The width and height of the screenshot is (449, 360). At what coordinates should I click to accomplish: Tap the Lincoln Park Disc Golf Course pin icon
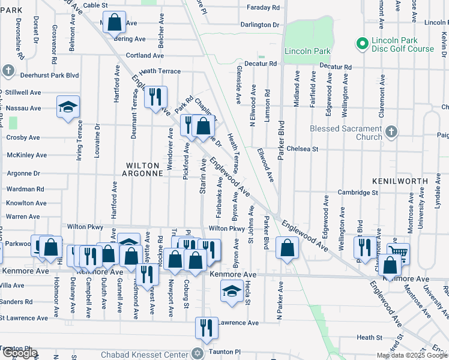[x=362, y=43]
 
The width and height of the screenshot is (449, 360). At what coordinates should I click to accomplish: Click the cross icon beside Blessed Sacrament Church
[x=391, y=131]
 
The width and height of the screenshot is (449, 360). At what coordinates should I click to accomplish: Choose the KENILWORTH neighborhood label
[x=408, y=181]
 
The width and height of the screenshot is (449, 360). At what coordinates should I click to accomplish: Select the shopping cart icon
[x=397, y=252]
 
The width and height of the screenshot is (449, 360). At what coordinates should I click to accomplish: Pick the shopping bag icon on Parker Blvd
[x=288, y=246]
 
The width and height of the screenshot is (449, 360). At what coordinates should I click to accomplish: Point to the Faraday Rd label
[x=264, y=8]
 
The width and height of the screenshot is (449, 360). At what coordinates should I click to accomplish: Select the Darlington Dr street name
[x=260, y=25]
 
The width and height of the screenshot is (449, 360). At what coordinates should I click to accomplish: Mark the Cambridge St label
[x=358, y=193]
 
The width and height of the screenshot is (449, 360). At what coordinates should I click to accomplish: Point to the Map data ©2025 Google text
[x=411, y=355]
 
